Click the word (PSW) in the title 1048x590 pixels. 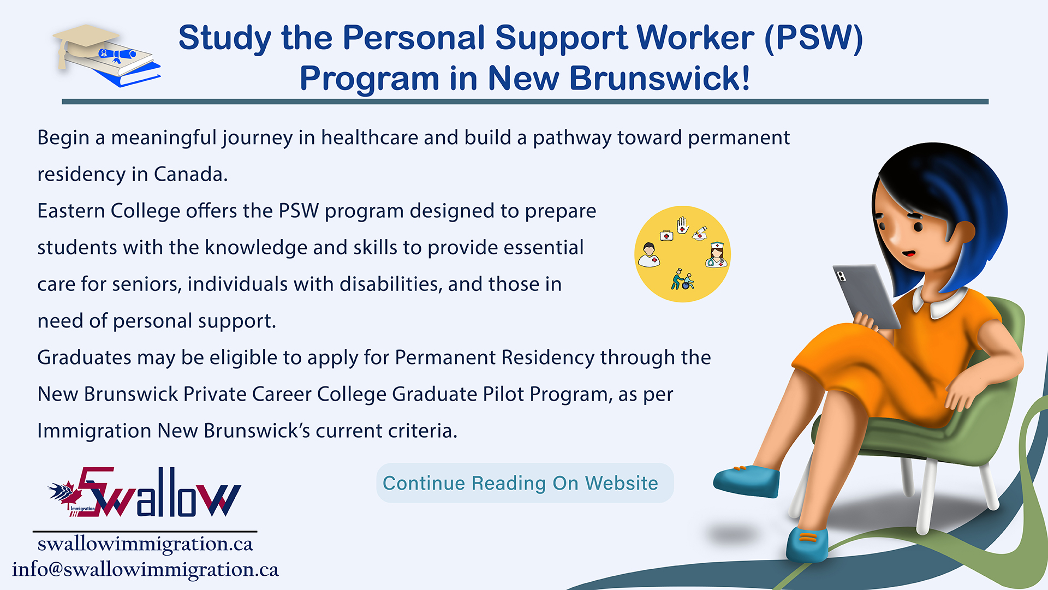[813, 38]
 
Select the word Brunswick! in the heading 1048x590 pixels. [659, 78]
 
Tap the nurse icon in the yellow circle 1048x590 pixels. [716, 255]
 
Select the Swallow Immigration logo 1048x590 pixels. [145, 492]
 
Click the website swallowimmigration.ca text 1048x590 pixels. [145, 544]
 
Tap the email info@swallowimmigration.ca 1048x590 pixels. [145, 569]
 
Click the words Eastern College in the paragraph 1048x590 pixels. [109, 211]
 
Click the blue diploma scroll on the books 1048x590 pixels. [117, 53]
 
